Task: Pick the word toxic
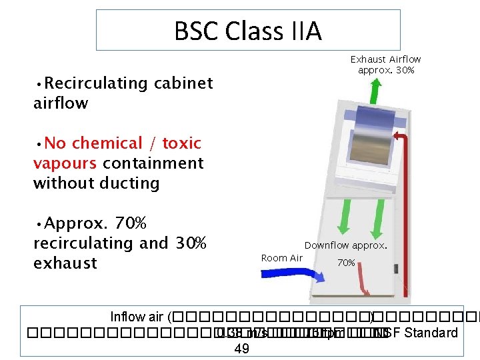181,143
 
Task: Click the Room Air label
282,258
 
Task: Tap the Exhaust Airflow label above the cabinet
386,64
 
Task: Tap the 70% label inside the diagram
346,263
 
